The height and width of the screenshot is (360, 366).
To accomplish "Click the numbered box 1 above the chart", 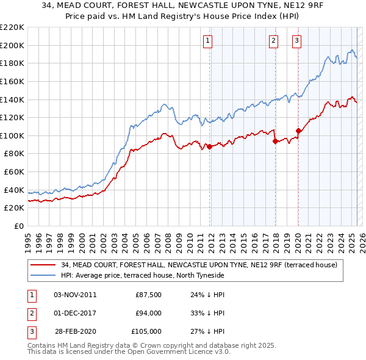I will (x=208, y=41).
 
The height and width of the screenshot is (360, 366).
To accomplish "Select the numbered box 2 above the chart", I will (x=273, y=41).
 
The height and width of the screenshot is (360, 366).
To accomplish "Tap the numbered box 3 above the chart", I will (x=296, y=41).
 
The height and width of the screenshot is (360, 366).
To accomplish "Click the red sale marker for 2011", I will (x=209, y=146).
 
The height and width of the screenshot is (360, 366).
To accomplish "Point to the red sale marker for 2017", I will (x=275, y=141).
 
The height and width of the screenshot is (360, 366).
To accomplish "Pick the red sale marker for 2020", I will (x=298, y=131).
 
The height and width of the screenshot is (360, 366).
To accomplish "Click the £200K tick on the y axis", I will (x=12, y=45).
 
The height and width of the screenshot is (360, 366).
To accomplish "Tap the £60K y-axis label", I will (x=14, y=172).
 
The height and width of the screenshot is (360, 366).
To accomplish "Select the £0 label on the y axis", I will (x=18, y=226).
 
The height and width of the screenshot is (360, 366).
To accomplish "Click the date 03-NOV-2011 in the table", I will (x=75, y=295).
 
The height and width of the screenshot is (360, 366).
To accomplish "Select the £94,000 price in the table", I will (x=148, y=313).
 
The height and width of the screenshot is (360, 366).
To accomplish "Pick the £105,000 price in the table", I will (x=146, y=331).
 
